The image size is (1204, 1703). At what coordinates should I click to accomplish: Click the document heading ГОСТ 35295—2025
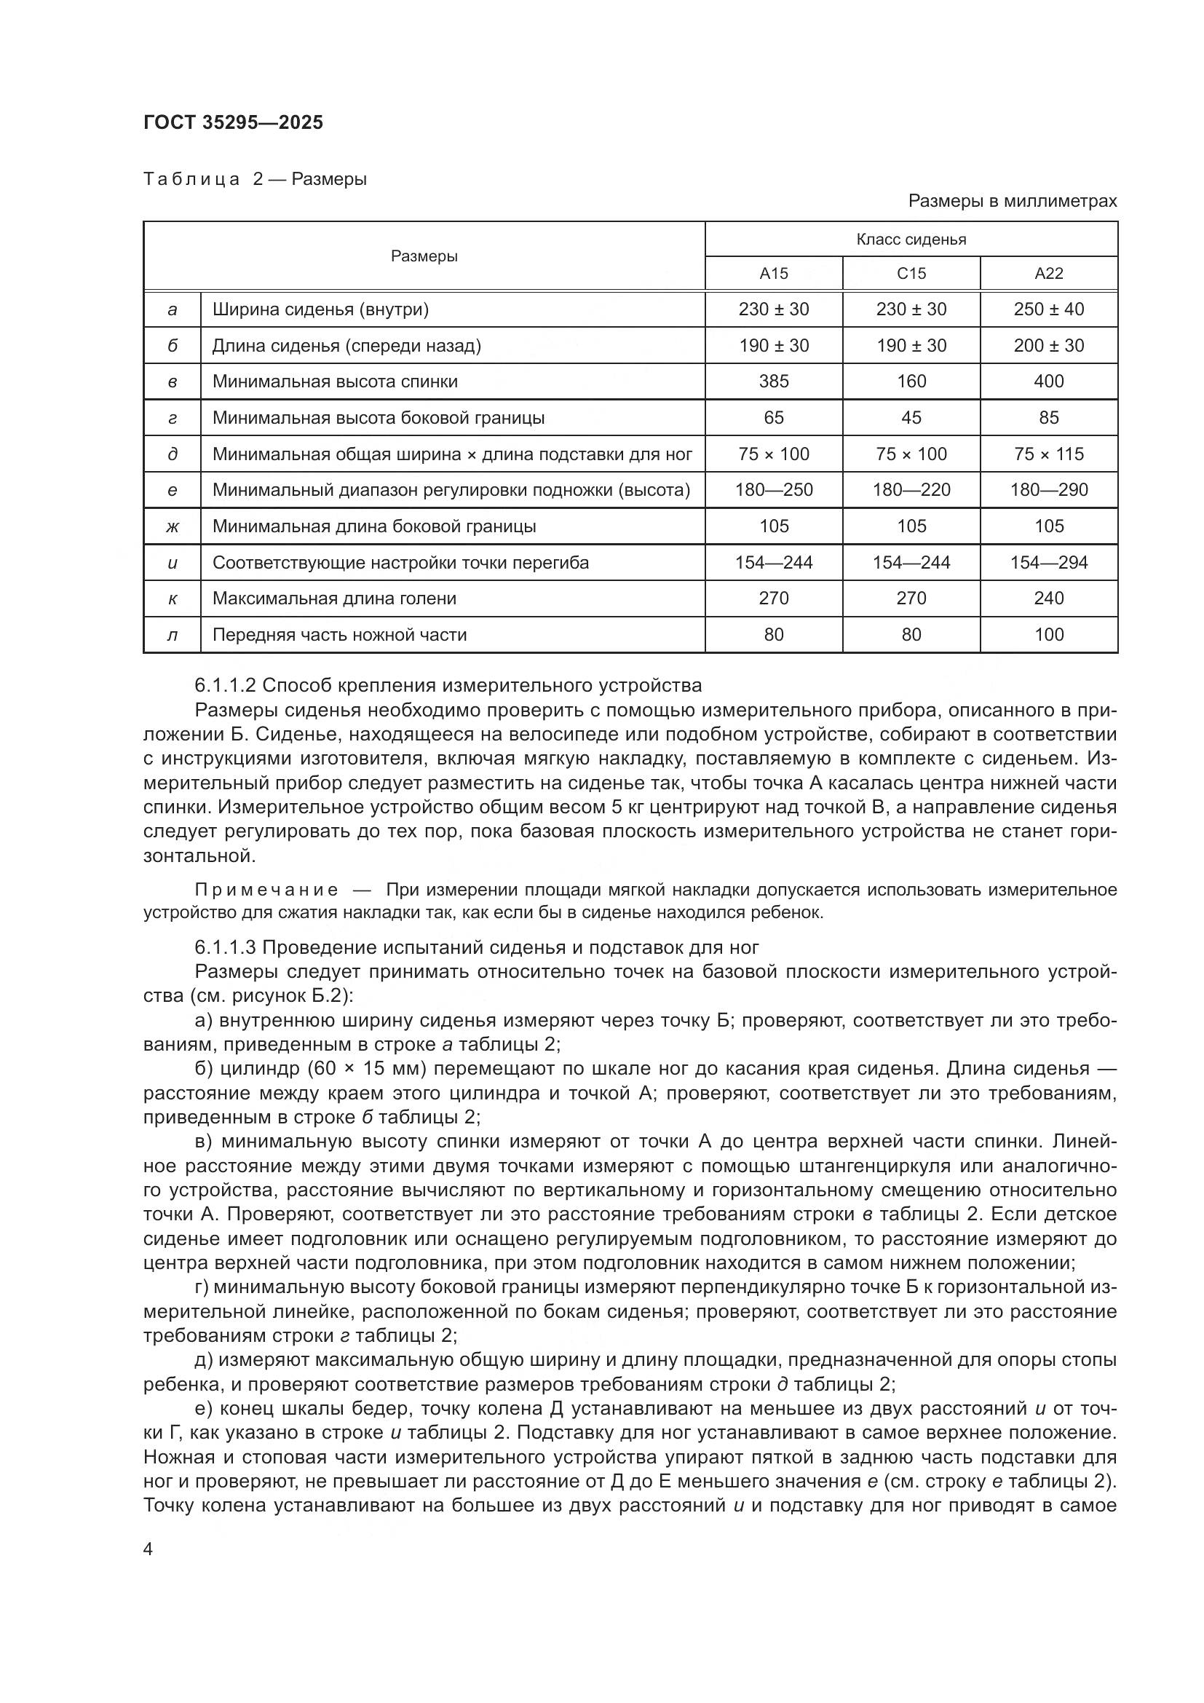(x=233, y=122)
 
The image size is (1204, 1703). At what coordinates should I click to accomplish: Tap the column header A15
(x=773, y=274)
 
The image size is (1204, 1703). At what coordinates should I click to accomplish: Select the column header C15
(x=911, y=274)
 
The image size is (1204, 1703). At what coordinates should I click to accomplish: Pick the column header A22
(x=1048, y=274)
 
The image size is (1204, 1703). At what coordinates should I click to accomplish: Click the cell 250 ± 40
(x=1048, y=309)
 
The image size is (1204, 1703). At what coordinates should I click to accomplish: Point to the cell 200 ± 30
(x=1048, y=346)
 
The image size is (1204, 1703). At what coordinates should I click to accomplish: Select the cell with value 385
(x=773, y=382)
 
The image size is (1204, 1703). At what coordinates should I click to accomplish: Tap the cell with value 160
(x=911, y=382)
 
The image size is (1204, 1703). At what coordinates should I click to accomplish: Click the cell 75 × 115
(x=1048, y=454)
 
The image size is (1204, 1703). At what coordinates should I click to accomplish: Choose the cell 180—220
(x=911, y=490)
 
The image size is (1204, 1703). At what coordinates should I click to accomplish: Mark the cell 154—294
(x=1048, y=563)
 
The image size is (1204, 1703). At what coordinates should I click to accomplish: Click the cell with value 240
(x=1048, y=598)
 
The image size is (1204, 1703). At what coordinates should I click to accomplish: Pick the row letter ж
(x=172, y=526)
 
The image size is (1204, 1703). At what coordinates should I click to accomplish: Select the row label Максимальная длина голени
(x=334, y=598)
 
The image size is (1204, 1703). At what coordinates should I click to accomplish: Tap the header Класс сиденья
(x=911, y=240)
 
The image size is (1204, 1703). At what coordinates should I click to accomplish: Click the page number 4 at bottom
(x=148, y=1549)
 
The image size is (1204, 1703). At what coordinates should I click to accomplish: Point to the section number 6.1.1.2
(x=226, y=684)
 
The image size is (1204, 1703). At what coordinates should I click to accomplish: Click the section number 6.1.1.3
(x=226, y=947)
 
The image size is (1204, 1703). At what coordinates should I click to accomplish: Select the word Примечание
(x=267, y=890)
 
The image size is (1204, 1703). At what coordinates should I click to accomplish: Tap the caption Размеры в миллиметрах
(x=1012, y=201)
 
